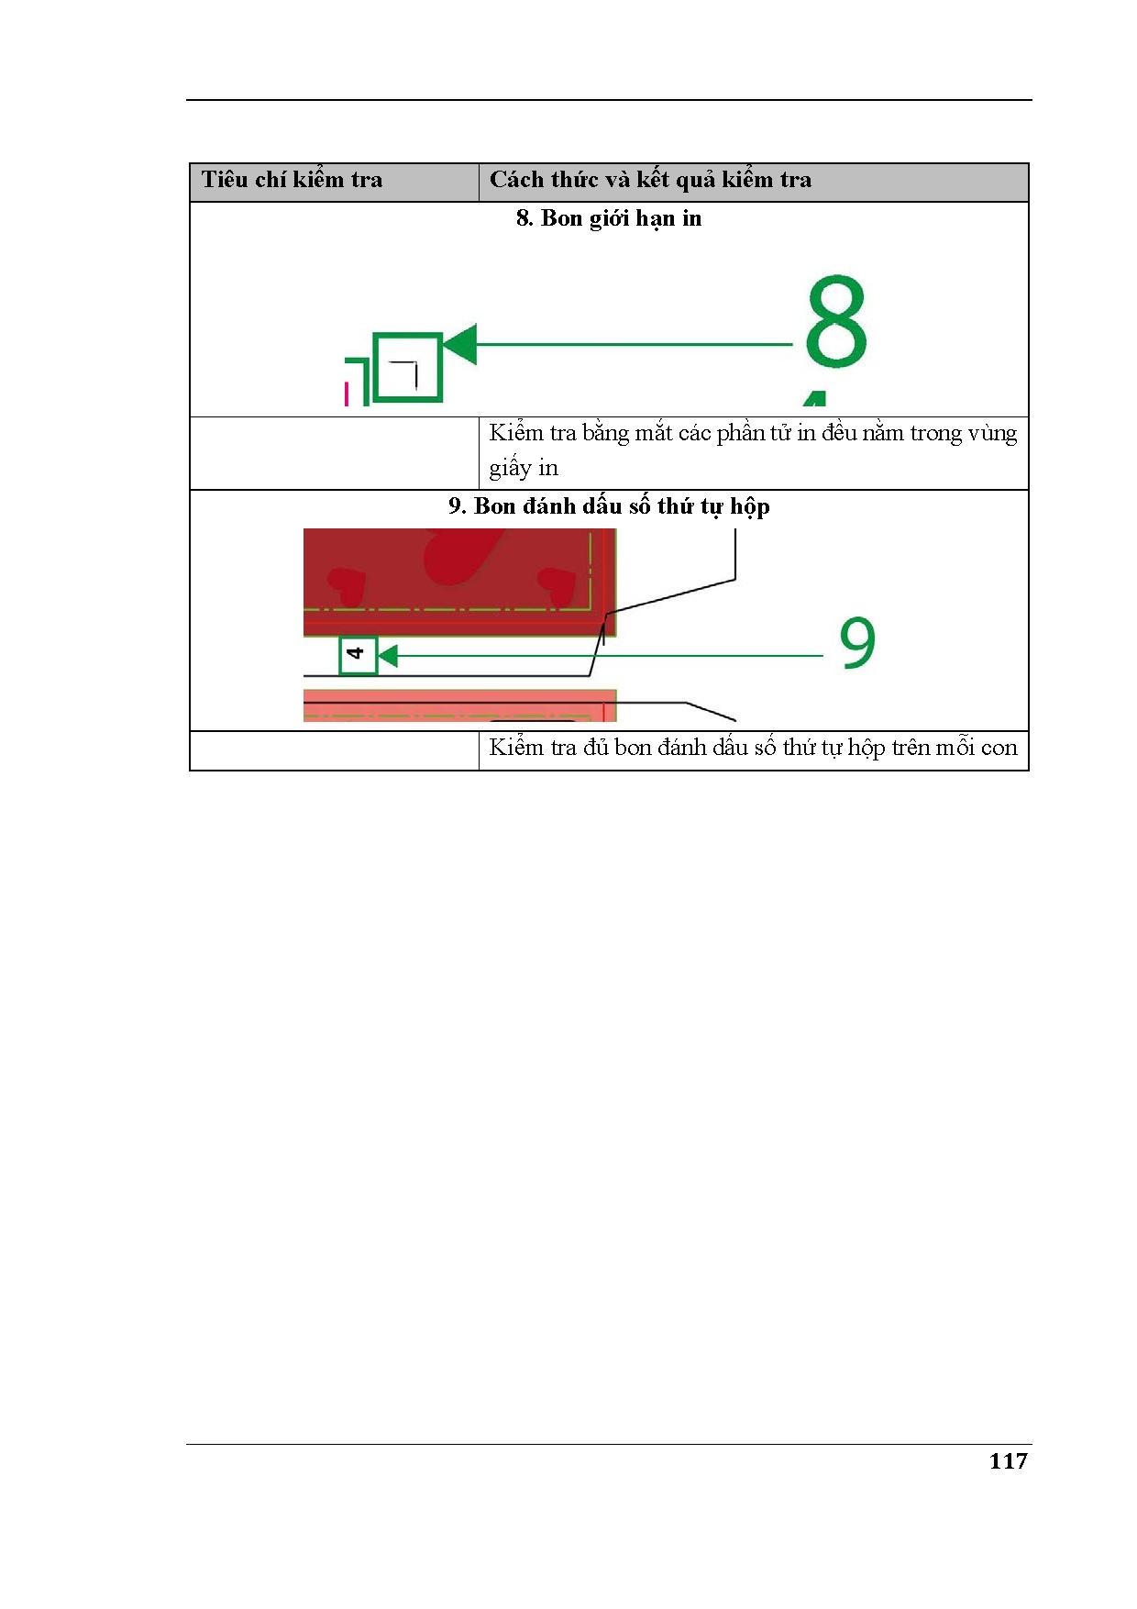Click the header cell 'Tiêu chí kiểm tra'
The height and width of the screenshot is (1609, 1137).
click(x=292, y=180)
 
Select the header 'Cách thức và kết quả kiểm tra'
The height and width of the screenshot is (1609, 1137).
click(x=650, y=180)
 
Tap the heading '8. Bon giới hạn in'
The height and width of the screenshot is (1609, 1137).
click(x=609, y=218)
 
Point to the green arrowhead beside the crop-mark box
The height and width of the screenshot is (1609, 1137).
click(x=460, y=344)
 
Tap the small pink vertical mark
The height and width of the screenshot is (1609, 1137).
click(x=346, y=394)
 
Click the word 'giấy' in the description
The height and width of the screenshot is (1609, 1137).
click(x=510, y=469)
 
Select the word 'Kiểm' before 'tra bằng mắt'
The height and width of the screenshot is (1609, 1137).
click(x=516, y=433)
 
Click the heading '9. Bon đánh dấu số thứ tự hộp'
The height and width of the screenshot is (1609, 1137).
click(x=609, y=506)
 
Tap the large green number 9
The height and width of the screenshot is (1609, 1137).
click(x=857, y=642)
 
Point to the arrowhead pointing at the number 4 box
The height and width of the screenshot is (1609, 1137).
click(x=388, y=656)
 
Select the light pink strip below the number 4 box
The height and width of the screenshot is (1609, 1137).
click(x=459, y=705)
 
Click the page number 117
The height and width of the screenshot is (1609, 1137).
click(x=1008, y=1461)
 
